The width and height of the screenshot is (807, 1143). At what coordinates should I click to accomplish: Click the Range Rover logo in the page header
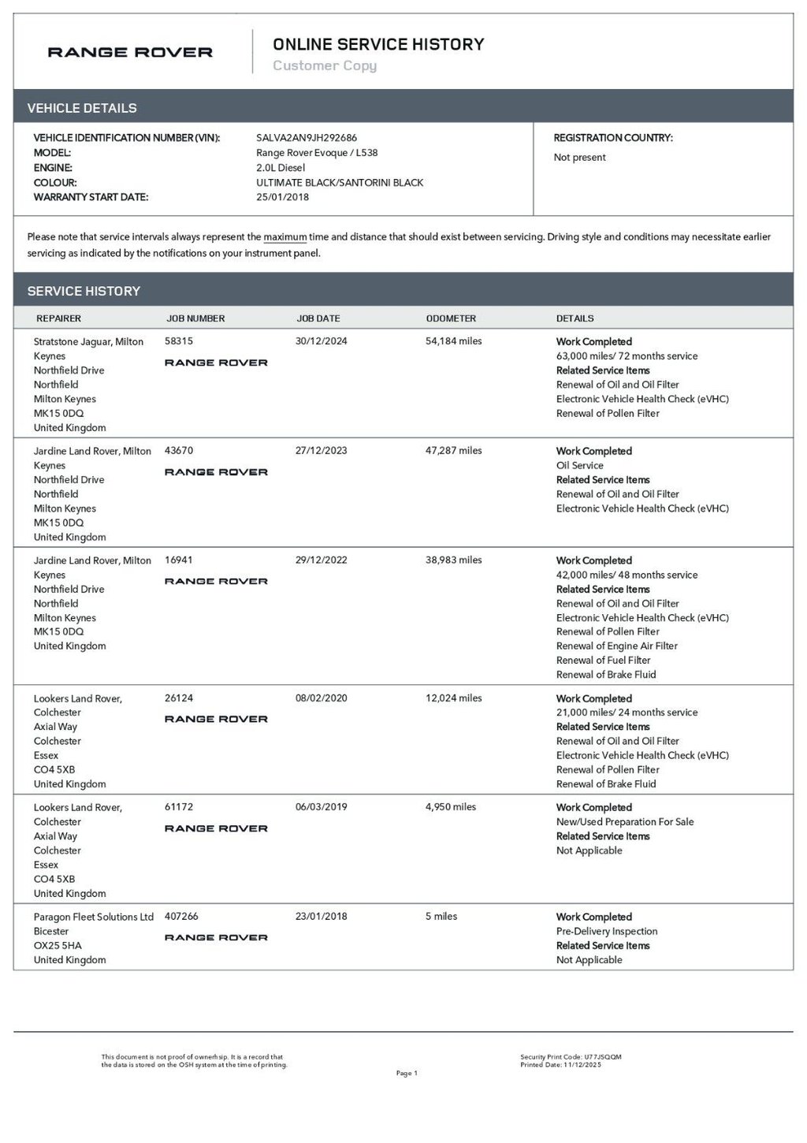pyautogui.click(x=130, y=53)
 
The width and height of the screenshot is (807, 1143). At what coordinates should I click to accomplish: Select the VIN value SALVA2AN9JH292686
pyautogui.click(x=307, y=138)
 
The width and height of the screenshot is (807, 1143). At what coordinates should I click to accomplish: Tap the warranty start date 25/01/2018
pyautogui.click(x=282, y=197)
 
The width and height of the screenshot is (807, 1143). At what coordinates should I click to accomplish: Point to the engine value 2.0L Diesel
pyautogui.click(x=281, y=168)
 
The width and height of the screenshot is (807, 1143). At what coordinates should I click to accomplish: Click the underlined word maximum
pyautogui.click(x=284, y=236)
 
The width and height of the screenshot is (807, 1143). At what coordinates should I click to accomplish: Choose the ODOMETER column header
pyautogui.click(x=451, y=318)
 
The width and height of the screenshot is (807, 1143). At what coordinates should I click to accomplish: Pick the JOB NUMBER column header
pyautogui.click(x=195, y=318)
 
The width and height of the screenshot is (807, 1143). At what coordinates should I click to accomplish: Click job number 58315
pyautogui.click(x=179, y=341)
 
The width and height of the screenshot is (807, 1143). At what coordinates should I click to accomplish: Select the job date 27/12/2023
pyautogui.click(x=321, y=451)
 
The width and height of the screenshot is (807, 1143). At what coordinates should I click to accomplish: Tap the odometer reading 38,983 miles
pyautogui.click(x=453, y=560)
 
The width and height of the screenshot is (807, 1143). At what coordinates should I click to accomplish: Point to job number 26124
pyautogui.click(x=179, y=698)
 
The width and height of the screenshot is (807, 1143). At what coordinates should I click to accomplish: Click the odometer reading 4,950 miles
pyautogui.click(x=450, y=806)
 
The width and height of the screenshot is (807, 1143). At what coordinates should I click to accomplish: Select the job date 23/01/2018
pyautogui.click(x=321, y=916)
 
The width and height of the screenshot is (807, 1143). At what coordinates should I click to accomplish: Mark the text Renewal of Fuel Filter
pyautogui.click(x=603, y=660)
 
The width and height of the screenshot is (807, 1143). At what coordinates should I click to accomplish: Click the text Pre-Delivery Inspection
pyautogui.click(x=607, y=931)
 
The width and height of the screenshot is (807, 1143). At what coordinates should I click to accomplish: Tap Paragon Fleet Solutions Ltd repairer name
pyautogui.click(x=94, y=917)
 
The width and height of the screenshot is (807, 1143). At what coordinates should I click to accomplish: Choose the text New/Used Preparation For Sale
pyautogui.click(x=625, y=821)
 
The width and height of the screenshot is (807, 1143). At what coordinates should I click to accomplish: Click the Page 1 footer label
pyautogui.click(x=407, y=1073)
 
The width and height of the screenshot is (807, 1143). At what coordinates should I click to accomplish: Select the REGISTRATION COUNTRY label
pyautogui.click(x=613, y=138)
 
